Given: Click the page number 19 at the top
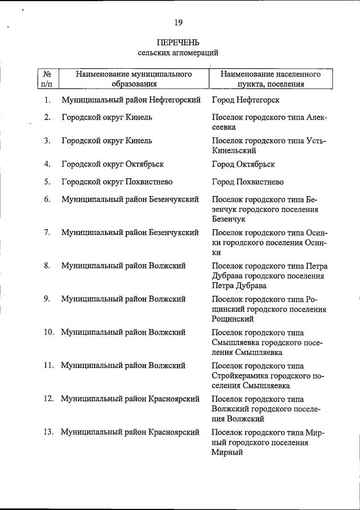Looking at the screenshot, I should (x=178, y=23).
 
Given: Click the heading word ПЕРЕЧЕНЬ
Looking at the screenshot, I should (x=178, y=43).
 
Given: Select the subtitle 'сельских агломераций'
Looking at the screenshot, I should (x=178, y=52).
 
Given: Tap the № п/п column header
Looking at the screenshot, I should (x=47, y=79).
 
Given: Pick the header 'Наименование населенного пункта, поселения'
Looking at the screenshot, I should (x=271, y=79).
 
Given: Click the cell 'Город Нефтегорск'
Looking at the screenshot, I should (x=246, y=100).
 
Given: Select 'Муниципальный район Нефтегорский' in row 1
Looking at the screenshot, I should (x=131, y=100).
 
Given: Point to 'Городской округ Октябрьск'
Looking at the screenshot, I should (x=112, y=165).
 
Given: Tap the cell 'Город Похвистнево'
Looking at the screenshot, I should (x=248, y=182).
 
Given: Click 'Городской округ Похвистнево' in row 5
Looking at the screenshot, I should (x=117, y=182).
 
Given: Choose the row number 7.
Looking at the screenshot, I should (x=47, y=233).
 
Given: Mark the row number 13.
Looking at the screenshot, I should (x=48, y=432).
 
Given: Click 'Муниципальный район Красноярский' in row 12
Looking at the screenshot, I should (x=130, y=399).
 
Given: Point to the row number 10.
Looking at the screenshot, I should (x=48, y=332).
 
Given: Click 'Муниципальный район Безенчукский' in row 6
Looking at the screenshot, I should (x=130, y=199).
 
